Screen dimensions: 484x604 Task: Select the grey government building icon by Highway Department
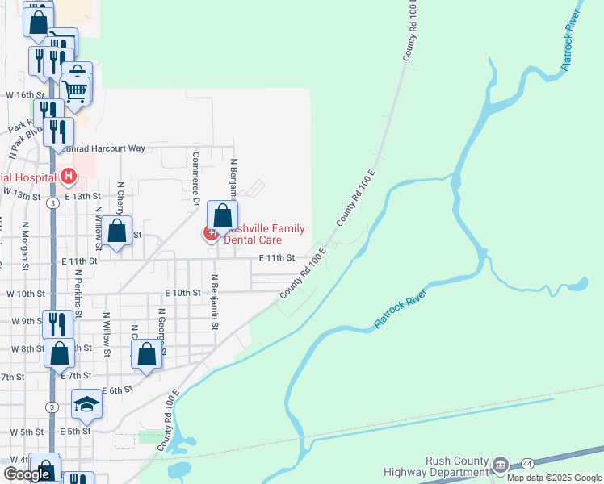pos(501,465)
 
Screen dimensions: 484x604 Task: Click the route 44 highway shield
pos(526,464)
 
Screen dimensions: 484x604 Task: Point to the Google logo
pos(27,474)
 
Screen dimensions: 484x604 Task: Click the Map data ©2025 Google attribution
pos(555,478)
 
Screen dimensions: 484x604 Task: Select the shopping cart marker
pos(75,90)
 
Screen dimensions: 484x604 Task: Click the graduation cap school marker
pos(86,404)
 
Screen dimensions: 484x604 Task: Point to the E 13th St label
pos(82,196)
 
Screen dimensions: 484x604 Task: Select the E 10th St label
pos(182,293)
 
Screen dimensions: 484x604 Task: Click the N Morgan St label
pos(25,245)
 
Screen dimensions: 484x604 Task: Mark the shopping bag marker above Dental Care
pos(223,215)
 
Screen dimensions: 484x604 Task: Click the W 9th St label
pos(22,321)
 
